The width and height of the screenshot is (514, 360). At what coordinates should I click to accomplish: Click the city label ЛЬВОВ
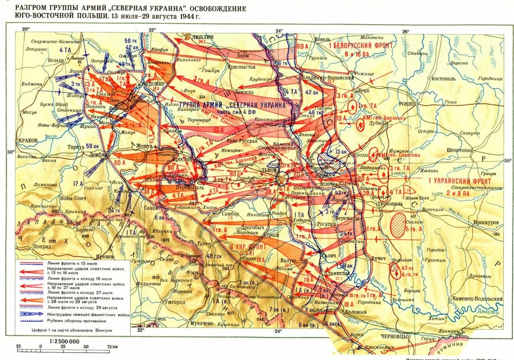click(269, 170)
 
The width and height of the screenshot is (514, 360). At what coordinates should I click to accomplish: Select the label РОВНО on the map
click(407, 104)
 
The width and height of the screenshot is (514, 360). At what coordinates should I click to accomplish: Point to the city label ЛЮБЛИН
click(202, 36)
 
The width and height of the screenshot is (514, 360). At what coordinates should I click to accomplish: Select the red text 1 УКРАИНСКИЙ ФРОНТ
click(459, 181)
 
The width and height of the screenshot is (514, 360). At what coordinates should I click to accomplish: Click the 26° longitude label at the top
click(406, 31)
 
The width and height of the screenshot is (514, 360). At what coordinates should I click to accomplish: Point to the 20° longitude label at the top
click(26, 29)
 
